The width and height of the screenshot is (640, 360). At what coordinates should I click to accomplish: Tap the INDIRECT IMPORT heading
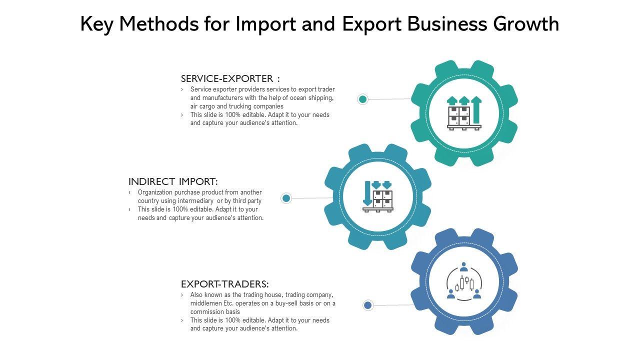coord(173,181)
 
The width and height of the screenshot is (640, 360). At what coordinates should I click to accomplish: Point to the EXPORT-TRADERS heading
coord(225,284)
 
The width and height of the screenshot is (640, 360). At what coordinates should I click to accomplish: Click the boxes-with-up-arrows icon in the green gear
coord(464,113)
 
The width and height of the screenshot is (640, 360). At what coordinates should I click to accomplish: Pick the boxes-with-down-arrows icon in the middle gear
coord(378,196)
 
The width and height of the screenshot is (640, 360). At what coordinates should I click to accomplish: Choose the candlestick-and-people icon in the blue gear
coord(464,282)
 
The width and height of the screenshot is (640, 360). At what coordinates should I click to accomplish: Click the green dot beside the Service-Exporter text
coord(363,99)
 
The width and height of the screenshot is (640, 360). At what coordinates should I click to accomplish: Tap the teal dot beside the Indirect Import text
coord(286,198)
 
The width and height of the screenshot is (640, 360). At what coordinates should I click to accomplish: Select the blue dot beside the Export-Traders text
coord(368,305)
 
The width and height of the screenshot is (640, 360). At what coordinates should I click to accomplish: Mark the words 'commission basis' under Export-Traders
coord(215,312)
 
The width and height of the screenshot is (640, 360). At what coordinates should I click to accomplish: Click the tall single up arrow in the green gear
coord(476,109)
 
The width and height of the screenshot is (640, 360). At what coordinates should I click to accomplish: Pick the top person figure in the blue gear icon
coord(464,266)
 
